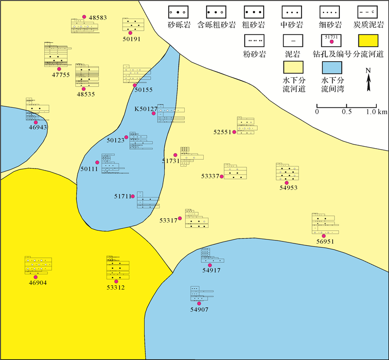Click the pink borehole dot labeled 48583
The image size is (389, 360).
coord(84,17)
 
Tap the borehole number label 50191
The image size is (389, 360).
coord(131,39)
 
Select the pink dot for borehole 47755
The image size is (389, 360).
coord(59,69)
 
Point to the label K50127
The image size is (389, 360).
coord(146,109)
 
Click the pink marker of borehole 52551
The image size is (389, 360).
coord(234,132)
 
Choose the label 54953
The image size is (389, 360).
coord(287,188)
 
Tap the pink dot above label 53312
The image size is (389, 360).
coord(116,281)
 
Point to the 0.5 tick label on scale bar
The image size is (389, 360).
coord(346,112)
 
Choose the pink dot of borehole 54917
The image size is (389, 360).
coord(210,265)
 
